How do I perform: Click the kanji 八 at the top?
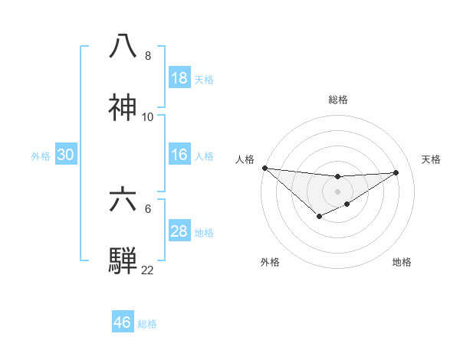123,45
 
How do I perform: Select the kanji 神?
123,106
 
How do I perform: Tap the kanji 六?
123,198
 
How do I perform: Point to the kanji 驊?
123,260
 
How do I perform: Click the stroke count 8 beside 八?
148,56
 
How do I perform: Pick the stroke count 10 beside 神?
148,117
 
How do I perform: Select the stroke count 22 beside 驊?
148,270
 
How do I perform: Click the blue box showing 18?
179,78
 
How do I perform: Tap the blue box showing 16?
179,155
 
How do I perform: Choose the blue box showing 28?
179,231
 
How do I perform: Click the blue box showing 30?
66,155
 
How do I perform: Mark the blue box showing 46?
123,322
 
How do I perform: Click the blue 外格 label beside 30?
41,155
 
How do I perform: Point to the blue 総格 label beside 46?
147,324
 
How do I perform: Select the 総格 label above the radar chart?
337,100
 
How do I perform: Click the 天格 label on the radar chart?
432,159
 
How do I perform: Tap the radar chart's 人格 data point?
264,168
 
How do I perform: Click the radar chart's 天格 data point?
396,172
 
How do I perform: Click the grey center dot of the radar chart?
337,191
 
